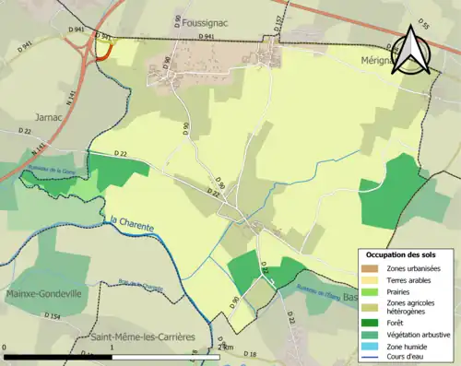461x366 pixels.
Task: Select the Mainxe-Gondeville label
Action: pos(43,294)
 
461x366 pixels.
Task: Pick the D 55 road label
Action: pos(423,23)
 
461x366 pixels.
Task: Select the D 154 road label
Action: pos(51,316)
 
